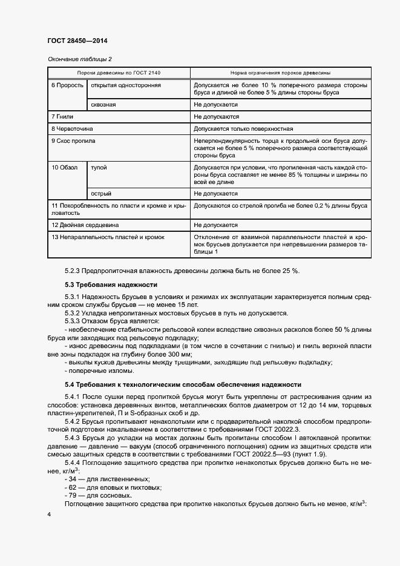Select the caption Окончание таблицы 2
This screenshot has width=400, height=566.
79,59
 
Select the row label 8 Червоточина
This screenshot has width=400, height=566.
73,128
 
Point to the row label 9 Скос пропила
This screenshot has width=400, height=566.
73,140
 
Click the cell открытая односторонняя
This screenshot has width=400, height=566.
125,85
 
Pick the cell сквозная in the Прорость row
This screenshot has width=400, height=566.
103,105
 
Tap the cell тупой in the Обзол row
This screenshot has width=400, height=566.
99,167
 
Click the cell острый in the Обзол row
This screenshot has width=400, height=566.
100,194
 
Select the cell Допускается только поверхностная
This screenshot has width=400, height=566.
243,128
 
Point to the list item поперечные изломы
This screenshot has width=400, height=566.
99,370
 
